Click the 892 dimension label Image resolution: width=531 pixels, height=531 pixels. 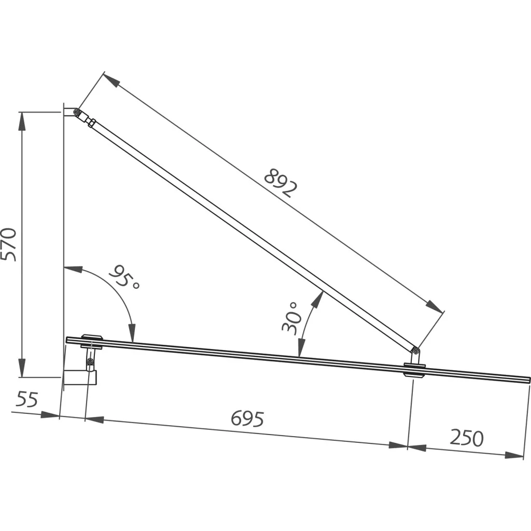[281, 183]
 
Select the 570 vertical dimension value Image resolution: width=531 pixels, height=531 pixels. [8, 245]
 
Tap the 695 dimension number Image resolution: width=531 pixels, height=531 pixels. [247, 419]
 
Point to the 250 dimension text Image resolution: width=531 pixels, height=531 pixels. [467, 438]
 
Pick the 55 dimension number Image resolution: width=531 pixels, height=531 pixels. [27, 399]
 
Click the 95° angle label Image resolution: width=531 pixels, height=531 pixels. [123, 276]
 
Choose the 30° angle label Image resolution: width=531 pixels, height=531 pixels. [291, 318]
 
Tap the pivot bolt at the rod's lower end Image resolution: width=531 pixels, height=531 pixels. [415, 351]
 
